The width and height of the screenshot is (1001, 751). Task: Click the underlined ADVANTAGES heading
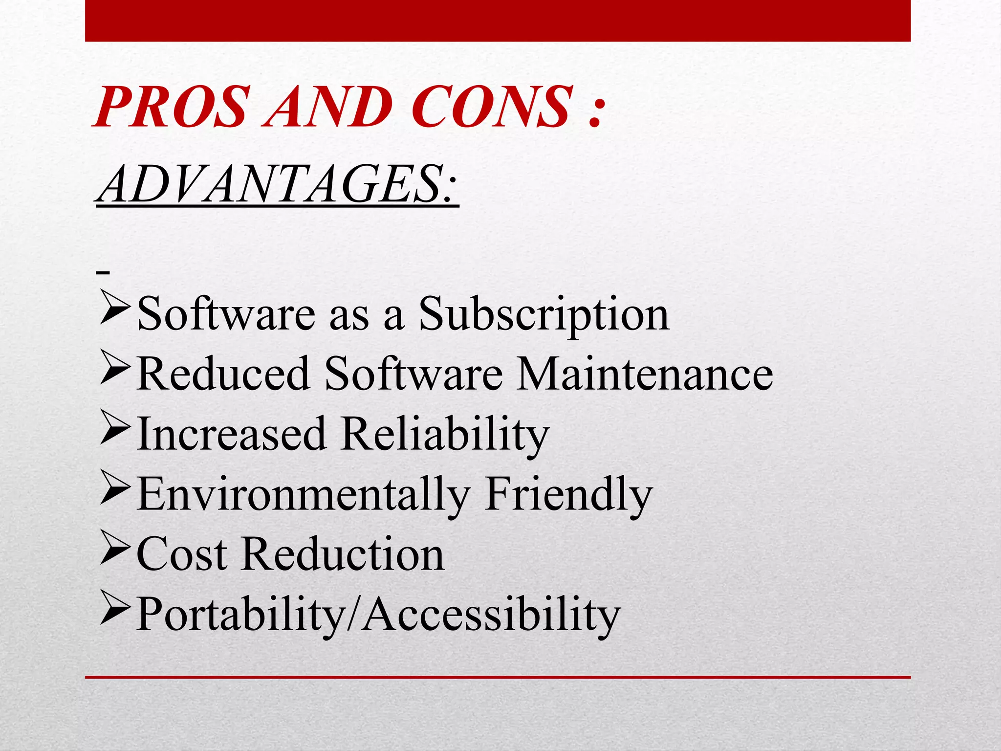(x=277, y=185)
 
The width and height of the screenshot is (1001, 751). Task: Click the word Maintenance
(x=644, y=374)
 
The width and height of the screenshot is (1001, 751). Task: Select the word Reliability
(x=445, y=434)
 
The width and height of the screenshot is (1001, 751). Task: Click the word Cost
(x=182, y=554)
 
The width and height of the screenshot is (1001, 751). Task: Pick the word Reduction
(x=343, y=554)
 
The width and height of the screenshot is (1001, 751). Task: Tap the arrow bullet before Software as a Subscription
(x=115, y=307)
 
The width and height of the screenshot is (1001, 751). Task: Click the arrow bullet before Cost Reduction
(x=115, y=548)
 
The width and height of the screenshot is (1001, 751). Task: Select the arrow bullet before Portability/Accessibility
(x=115, y=608)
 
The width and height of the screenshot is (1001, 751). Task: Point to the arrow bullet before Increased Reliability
(x=115, y=427)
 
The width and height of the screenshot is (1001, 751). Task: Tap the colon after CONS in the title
(x=594, y=111)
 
